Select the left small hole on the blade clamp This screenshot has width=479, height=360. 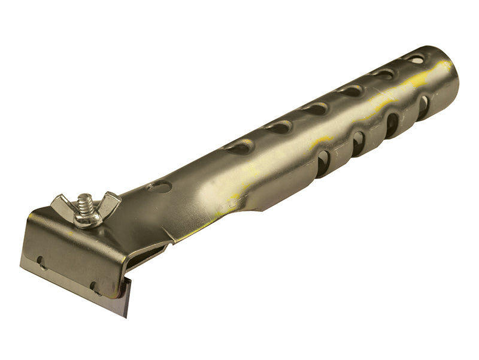[40, 261]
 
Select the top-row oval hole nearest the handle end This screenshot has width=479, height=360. [414, 58]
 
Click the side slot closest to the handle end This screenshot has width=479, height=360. [423, 107]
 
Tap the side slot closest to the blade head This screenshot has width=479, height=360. [323, 164]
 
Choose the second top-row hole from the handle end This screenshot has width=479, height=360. [383, 74]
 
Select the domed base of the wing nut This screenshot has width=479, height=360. [87, 219]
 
